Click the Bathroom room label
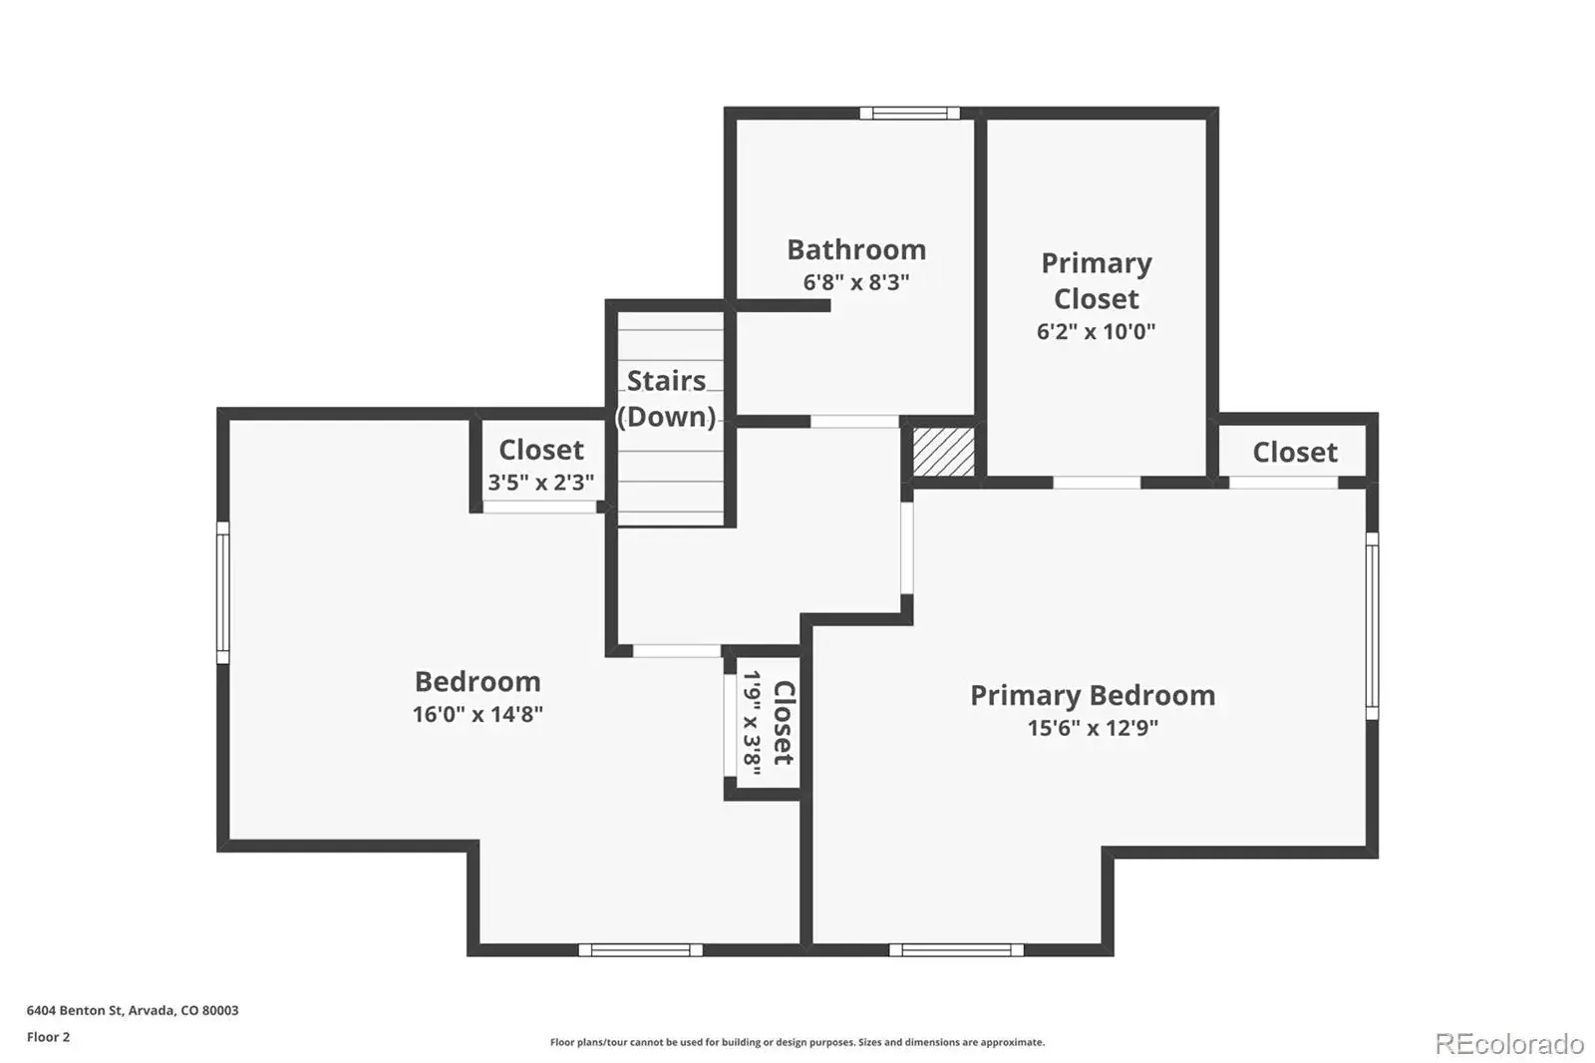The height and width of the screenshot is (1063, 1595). coord(856,250)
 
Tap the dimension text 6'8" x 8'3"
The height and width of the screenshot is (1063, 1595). coord(856,282)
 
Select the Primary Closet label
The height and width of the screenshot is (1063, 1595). coord(1096,281)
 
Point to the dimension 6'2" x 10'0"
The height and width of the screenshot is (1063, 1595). coord(1096,331)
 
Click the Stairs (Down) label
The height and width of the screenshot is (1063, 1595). coord(667,399)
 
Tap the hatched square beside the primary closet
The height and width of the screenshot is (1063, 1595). coord(943,452)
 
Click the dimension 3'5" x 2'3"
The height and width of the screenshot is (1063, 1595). coord(541,483)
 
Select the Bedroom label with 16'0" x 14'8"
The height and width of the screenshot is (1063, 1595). coord(478,682)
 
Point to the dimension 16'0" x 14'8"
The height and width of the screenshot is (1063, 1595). coord(478,714)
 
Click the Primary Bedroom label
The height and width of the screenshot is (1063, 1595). coord(1093,695)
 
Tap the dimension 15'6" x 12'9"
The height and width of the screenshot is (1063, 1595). coord(1093,728)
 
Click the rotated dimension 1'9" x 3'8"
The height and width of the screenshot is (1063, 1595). coord(753,723)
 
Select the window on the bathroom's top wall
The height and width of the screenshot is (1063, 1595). coord(910,114)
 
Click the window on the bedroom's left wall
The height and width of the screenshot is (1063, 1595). coord(223,592)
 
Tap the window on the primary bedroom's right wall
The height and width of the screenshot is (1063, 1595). coord(1372,626)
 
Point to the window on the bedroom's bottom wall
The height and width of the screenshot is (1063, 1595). coord(641,949)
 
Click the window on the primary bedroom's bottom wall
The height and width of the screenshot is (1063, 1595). coord(956,949)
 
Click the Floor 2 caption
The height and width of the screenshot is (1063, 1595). coord(49,1037)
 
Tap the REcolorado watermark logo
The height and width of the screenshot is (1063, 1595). coord(1510,1044)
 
